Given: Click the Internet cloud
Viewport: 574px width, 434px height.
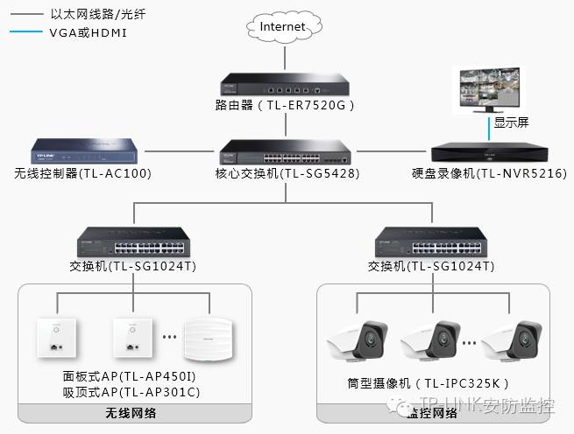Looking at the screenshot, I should point(283,27).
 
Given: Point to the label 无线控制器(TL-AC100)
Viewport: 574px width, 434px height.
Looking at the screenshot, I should point(82,173).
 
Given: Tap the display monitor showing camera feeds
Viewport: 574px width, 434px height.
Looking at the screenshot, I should point(488,89).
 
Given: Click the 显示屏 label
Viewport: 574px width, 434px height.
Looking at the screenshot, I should point(511,123).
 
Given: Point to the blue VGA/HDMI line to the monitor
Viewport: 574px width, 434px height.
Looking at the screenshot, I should point(489,129).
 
